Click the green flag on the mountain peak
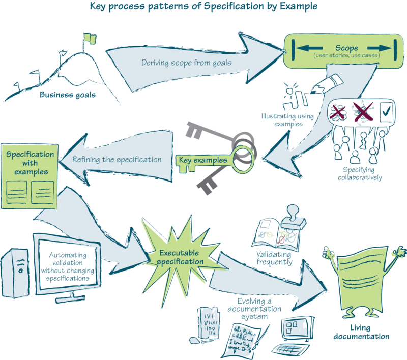coord(90,37)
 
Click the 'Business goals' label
coord(67,95)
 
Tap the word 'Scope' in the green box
coord(346,49)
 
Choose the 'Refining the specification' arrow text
coord(117,159)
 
